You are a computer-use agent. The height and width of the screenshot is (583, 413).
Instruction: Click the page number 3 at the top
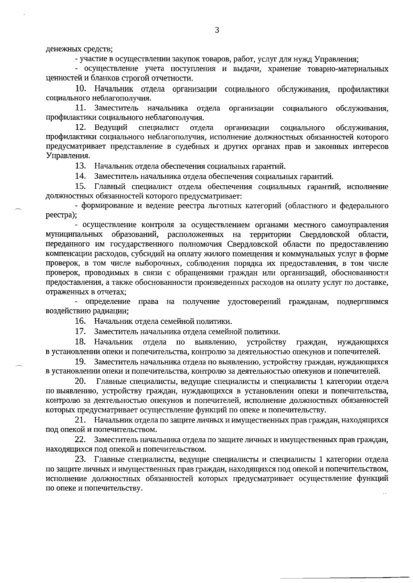tap(217, 30)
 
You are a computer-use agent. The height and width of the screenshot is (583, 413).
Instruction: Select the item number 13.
tap(81, 167)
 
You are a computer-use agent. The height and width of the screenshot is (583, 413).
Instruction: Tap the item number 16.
tap(81, 322)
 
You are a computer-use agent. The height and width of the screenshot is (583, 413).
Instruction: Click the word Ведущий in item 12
tap(111, 128)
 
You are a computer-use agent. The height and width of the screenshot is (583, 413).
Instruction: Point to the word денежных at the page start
tap(61, 49)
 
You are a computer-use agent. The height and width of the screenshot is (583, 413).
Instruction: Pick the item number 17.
tap(81, 332)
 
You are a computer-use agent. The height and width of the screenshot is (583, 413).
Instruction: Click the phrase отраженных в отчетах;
tap(86, 292)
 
